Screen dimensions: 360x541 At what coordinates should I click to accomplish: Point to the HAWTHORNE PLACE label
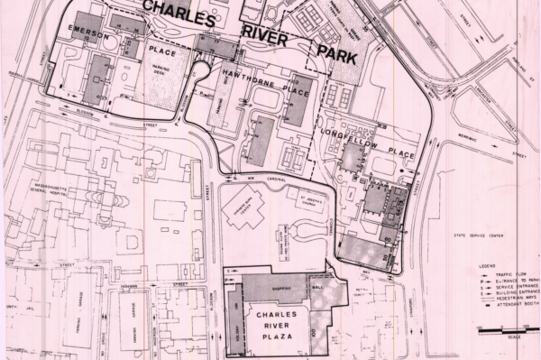[266, 77]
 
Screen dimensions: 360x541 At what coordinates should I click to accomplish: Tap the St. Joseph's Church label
[298, 193]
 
